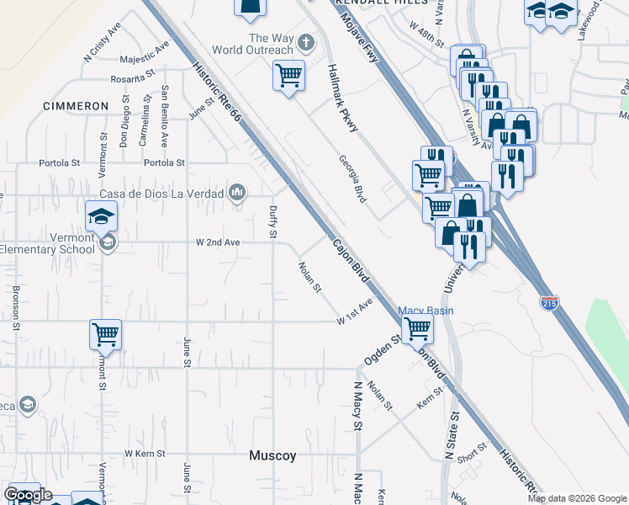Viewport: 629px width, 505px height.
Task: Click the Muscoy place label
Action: tap(272, 455)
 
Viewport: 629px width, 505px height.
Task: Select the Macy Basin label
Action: tap(425, 311)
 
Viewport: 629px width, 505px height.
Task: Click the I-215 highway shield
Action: tap(548, 303)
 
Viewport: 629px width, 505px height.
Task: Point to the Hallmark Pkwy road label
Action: tap(343, 98)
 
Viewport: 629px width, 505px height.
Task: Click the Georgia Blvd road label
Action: tap(353, 178)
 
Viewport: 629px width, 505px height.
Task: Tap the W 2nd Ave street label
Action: tap(218, 242)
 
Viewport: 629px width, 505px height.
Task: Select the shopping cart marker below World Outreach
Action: tap(288, 75)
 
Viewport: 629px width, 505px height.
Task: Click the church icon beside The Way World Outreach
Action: tap(306, 41)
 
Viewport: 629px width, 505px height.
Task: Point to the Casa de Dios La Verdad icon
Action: tap(238, 194)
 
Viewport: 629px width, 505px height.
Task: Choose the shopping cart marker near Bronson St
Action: tap(106, 334)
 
